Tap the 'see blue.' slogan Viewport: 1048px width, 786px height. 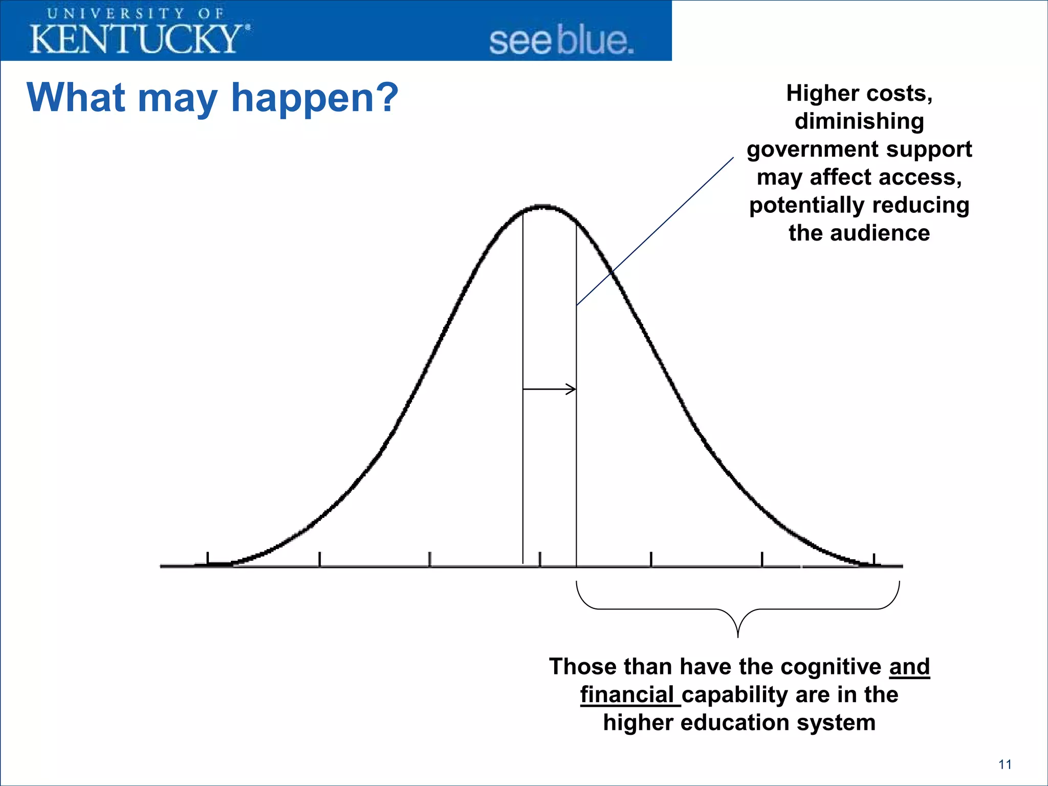pos(561,41)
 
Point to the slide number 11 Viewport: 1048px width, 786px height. pos(1005,765)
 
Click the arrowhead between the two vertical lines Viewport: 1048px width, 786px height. pos(571,389)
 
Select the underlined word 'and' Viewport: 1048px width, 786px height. pos(909,667)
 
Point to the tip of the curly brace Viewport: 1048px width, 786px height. pos(738,636)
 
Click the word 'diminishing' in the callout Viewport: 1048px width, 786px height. pos(859,121)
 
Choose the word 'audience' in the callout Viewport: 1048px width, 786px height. pos(880,233)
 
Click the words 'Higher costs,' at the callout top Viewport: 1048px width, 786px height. pos(859,94)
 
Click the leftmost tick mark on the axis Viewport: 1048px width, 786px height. pos(208,559)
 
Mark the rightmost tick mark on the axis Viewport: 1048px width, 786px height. pos(874,560)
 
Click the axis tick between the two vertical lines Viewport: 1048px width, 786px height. pos(540,559)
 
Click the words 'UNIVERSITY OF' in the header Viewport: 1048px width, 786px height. pos(136,14)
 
